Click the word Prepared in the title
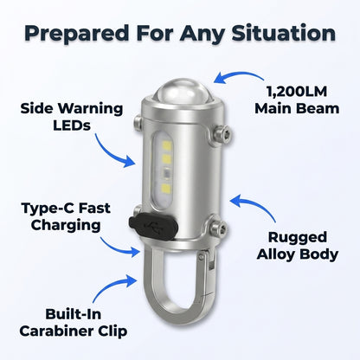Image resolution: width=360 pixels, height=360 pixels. coord(77,34)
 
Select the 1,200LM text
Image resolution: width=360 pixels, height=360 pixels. coord(297,92)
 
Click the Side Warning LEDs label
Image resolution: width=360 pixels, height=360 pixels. coord(72,117)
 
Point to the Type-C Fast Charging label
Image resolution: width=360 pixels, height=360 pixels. coord(66,217)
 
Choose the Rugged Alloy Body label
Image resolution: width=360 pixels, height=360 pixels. coord(298,246)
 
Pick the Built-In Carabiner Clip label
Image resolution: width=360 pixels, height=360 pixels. coord(74,323)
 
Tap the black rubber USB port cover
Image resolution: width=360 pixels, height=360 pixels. coord(153,226)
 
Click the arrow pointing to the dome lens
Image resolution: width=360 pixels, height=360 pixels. coord(239,74)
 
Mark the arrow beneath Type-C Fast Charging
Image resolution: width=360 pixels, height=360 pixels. coord(118,248)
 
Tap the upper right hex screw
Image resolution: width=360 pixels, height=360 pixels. coord(222,135)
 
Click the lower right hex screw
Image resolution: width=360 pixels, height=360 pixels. coord(219,228)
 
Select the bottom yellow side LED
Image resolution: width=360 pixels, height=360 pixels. coord(167,188)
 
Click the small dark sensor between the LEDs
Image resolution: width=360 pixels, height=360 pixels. coord(167,174)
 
